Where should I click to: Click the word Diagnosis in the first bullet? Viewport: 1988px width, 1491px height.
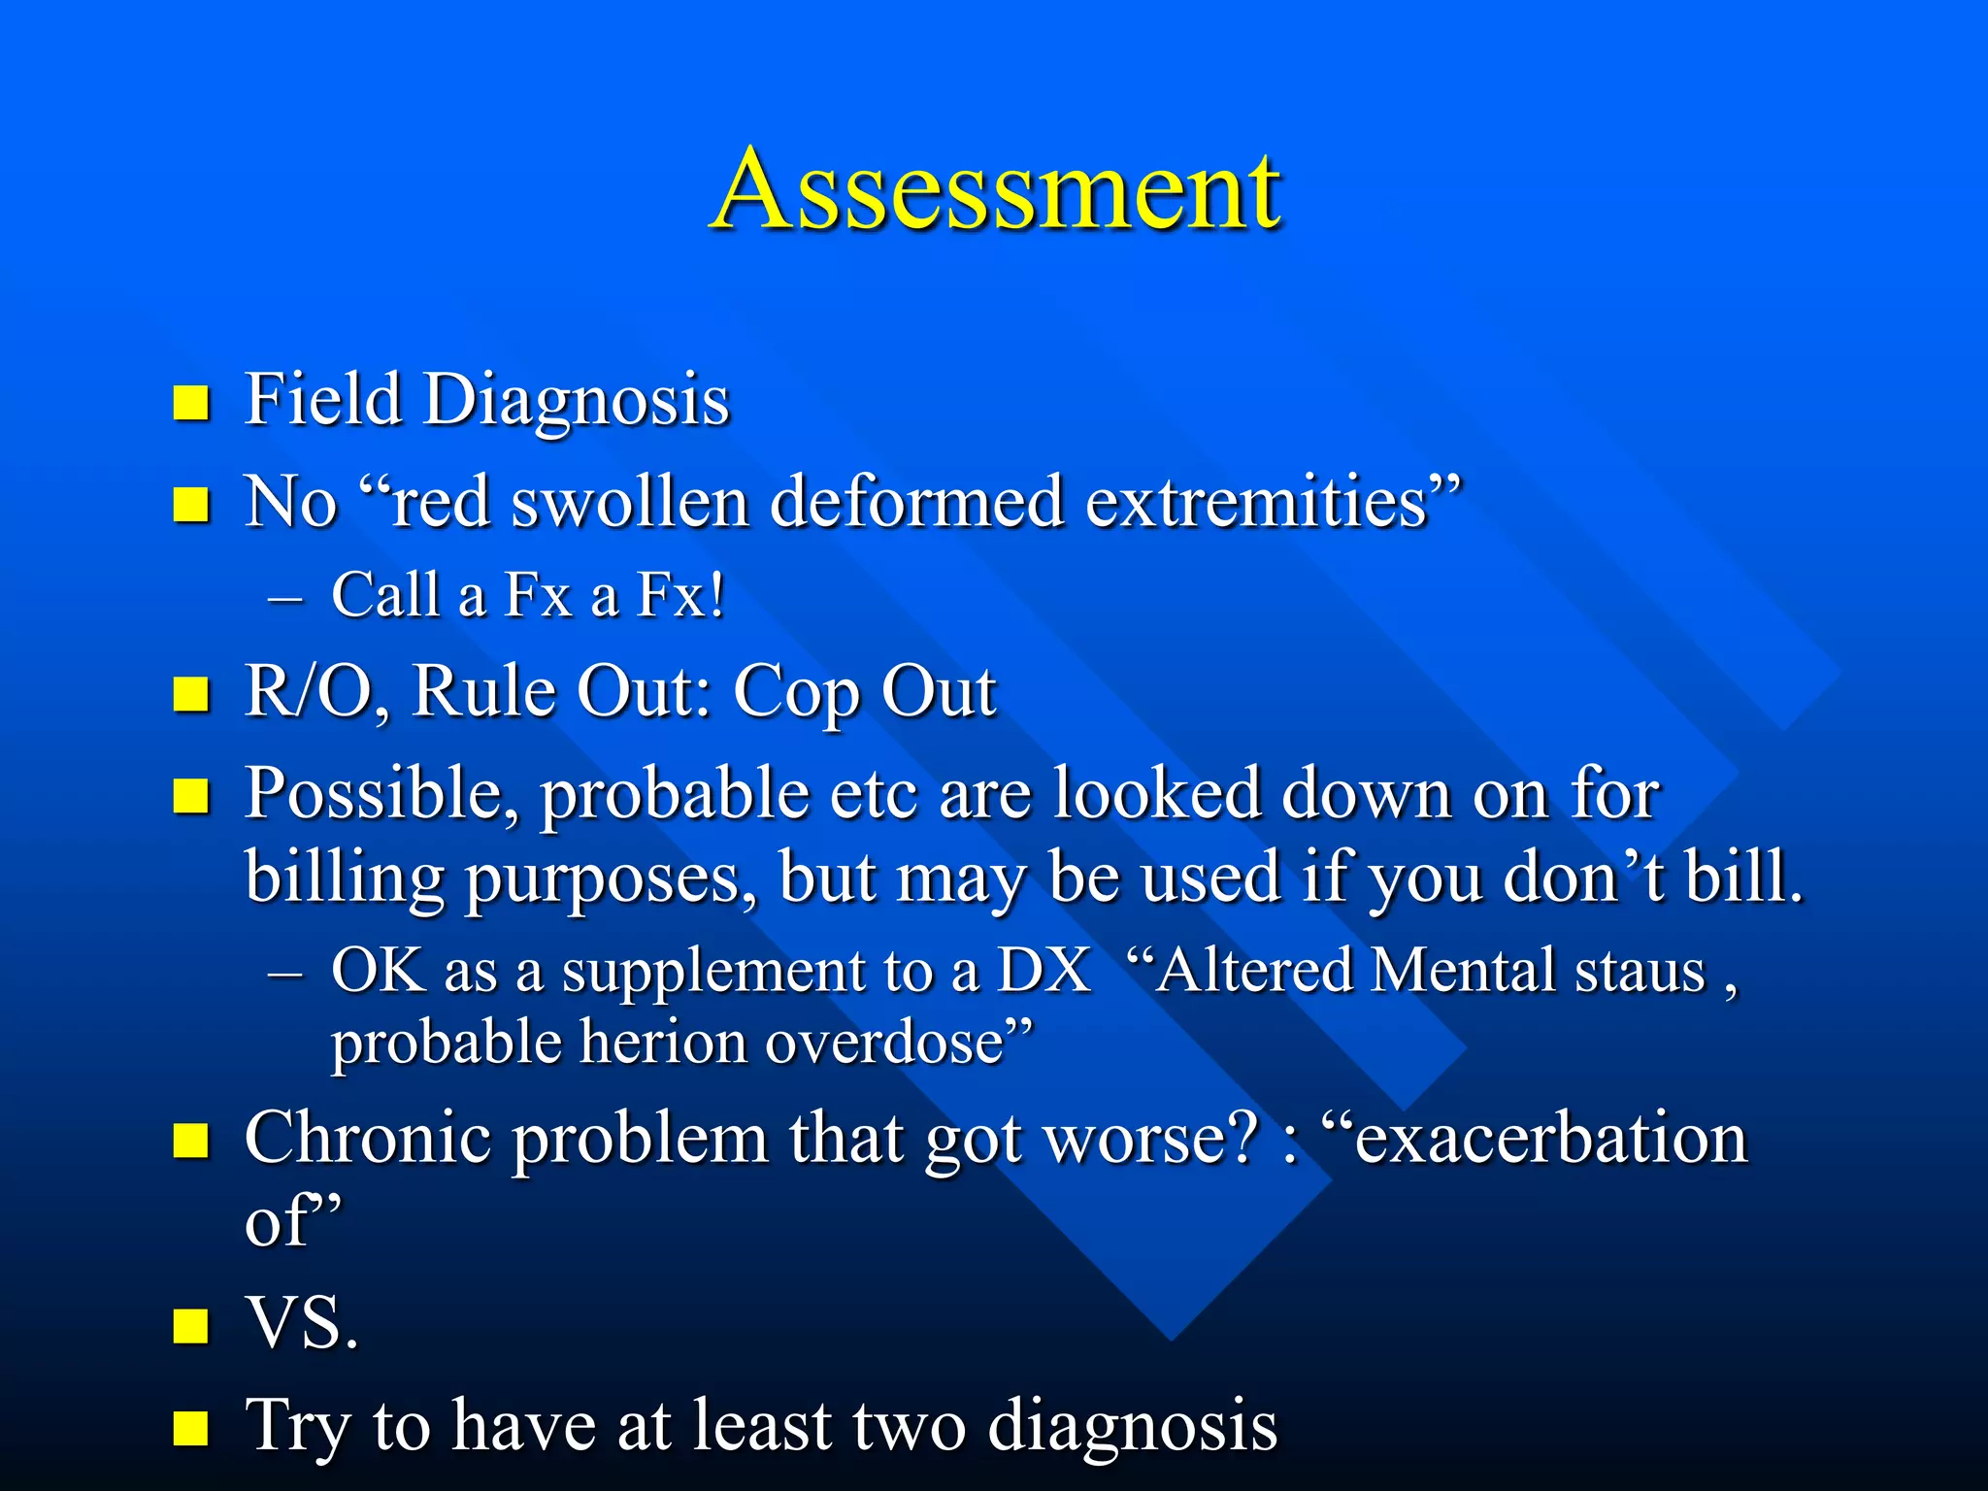577,400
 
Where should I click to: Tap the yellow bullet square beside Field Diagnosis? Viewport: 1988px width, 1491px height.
191,402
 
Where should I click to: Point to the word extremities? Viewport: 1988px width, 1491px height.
1257,503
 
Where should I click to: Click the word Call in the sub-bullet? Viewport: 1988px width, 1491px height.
384,594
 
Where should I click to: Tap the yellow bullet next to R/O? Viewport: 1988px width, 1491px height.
191,694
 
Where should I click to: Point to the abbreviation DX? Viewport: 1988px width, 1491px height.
1044,971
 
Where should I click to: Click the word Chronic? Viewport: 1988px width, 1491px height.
369,1138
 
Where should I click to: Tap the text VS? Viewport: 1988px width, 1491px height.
301,1324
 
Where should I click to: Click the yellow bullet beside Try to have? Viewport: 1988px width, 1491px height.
191,1428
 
